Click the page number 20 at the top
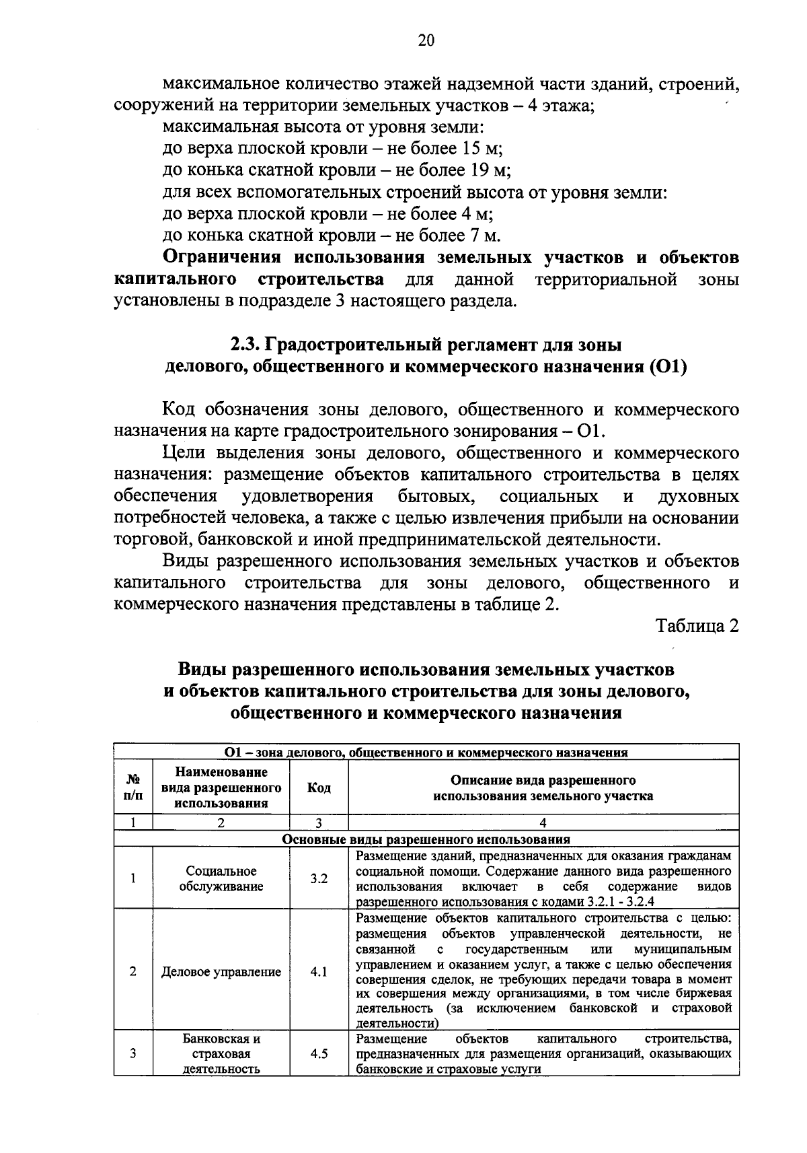[426, 41]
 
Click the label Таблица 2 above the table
[697, 626]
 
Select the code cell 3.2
[319, 878]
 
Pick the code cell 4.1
[319, 971]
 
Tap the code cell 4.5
[319, 1053]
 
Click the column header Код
[319, 788]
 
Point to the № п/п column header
[134, 788]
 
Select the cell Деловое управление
[221, 971]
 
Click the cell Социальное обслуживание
[221, 878]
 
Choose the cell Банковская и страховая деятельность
[221, 1053]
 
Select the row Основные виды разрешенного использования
[426, 839]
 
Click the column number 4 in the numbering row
[543, 822]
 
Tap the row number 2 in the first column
[133, 971]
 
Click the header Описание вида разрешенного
[543, 781]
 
